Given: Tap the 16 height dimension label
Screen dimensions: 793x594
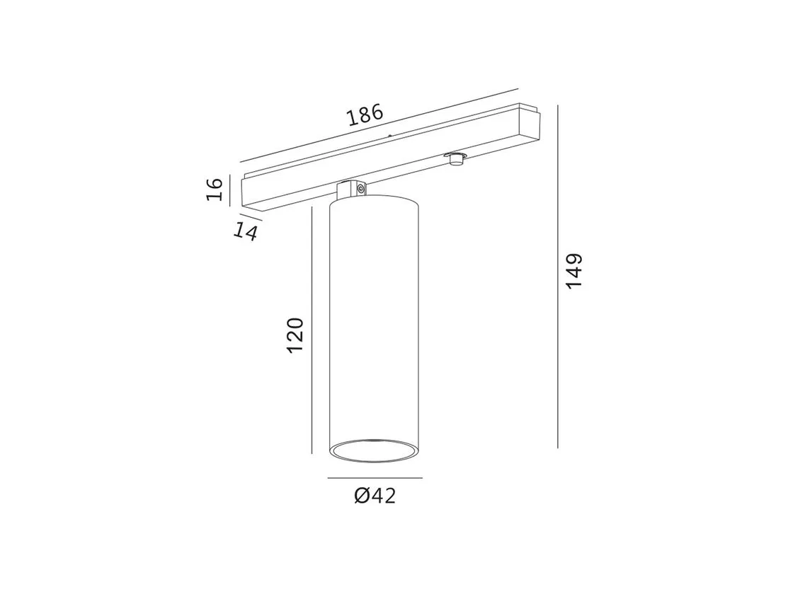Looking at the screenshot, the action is [215, 189].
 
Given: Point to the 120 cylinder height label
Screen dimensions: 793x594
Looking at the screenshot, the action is [295, 335].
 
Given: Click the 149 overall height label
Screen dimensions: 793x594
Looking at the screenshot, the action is [574, 272].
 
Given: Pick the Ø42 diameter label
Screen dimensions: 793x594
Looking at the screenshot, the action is [375, 496].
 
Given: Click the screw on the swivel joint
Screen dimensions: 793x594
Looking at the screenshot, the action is [360, 189].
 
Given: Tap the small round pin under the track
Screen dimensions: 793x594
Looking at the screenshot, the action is [456, 158].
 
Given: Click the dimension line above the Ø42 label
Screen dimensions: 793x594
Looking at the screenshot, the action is [375, 477].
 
